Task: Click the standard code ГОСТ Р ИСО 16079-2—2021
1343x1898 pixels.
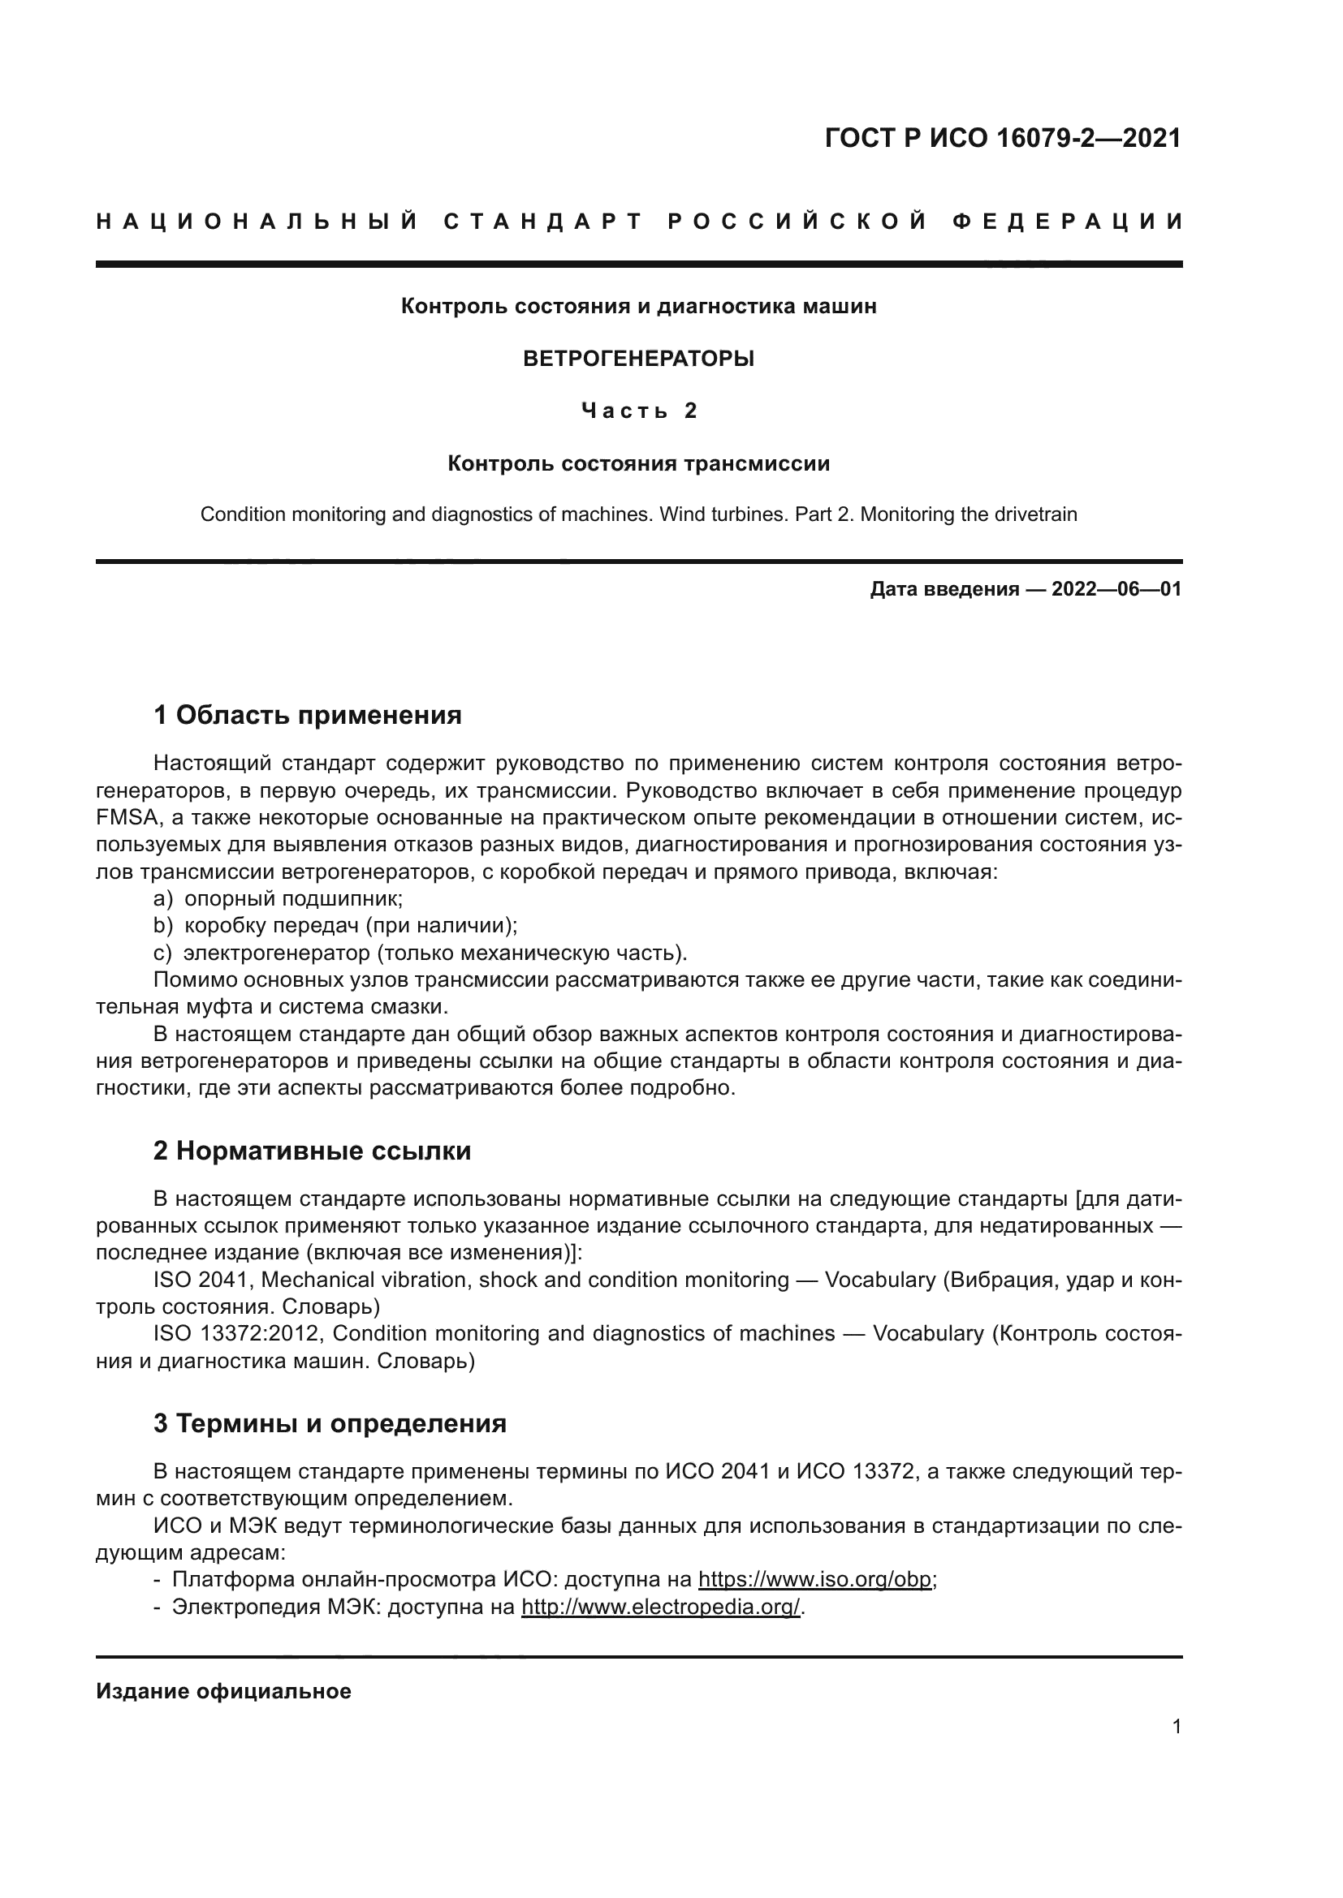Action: tap(1002, 138)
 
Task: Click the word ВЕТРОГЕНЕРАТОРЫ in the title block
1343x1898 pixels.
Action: tap(638, 359)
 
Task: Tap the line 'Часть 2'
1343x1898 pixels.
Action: tap(638, 411)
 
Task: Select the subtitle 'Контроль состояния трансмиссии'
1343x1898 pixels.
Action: tap(638, 464)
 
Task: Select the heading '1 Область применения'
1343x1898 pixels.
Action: tap(307, 715)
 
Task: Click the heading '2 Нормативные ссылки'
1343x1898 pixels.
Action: tap(312, 1151)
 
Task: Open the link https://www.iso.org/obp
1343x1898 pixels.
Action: tap(814, 1580)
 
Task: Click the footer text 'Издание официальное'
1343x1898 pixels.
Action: tap(223, 1691)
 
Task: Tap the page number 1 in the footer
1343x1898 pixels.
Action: tap(1176, 1726)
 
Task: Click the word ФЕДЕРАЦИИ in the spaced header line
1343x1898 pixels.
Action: tap(1068, 222)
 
